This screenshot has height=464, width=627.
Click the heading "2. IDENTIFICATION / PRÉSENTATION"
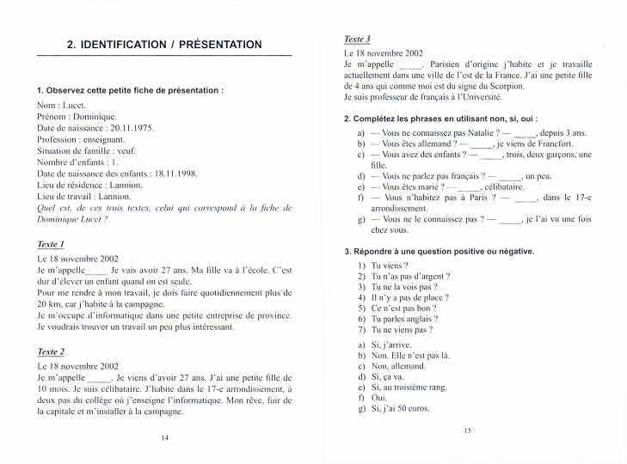[164, 45]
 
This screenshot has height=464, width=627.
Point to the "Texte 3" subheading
[357, 40]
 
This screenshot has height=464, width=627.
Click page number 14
[164, 437]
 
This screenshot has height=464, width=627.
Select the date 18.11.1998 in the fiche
[175, 173]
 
